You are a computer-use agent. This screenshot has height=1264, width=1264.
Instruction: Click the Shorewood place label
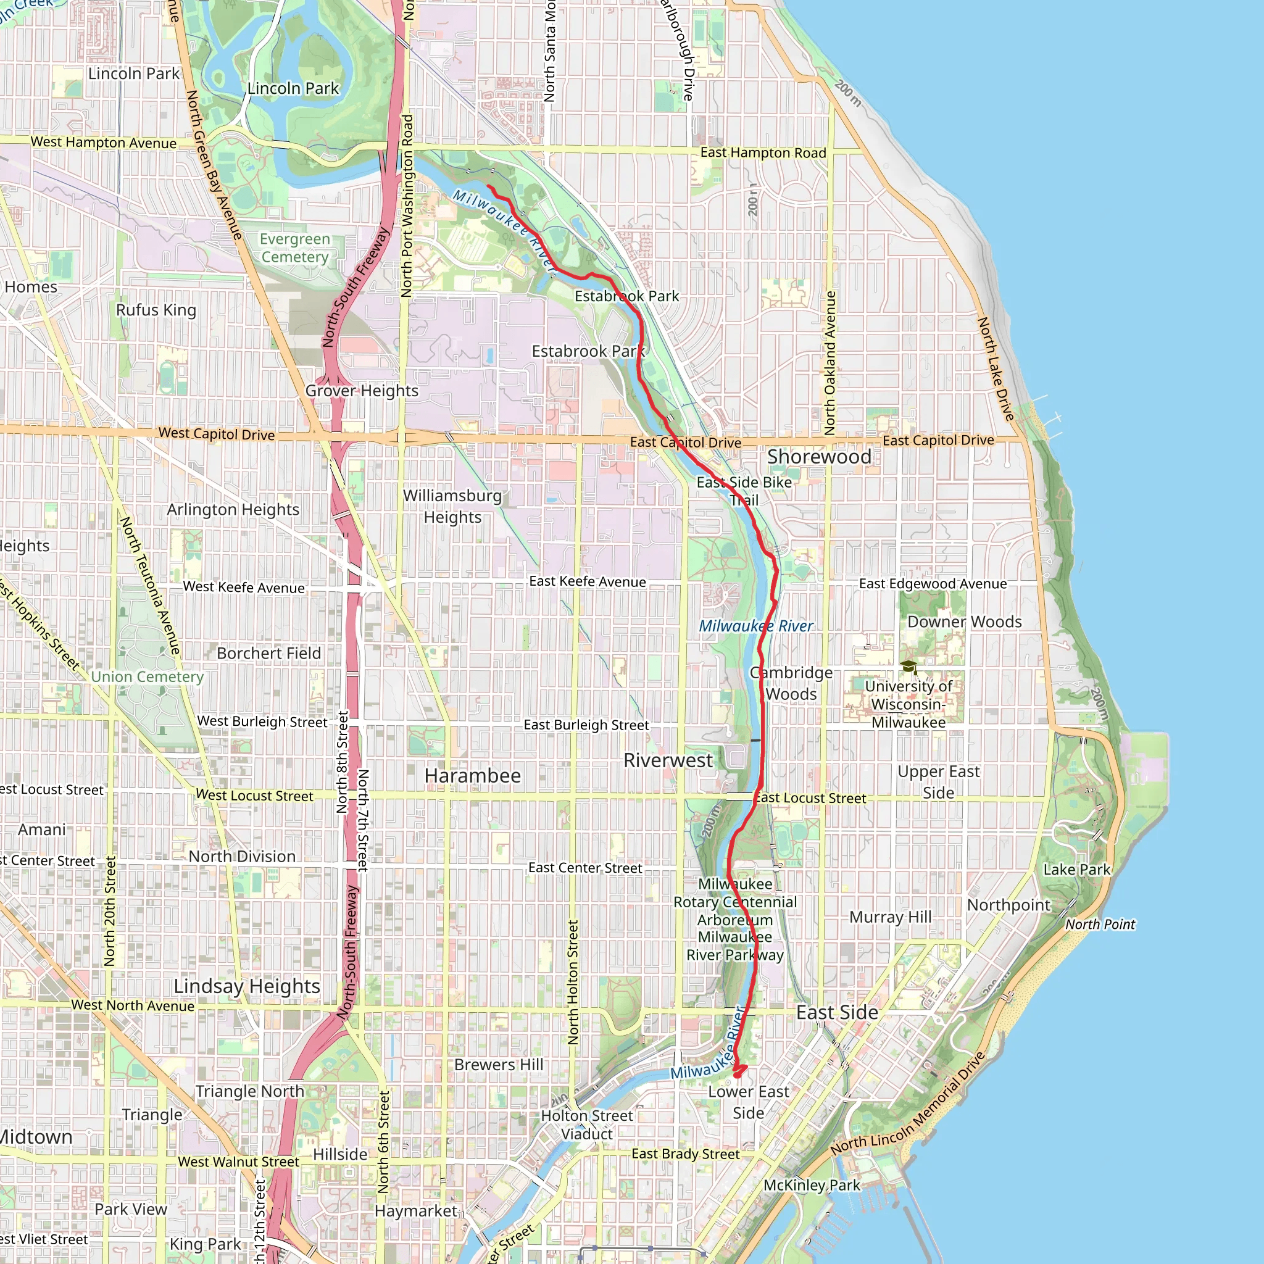(x=819, y=457)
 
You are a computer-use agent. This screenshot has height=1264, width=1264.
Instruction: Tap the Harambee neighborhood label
(x=472, y=775)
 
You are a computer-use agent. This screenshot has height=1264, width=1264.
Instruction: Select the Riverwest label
(x=668, y=760)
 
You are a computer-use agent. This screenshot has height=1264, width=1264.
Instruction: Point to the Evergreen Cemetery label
(x=295, y=248)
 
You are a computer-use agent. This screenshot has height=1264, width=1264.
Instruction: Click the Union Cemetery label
(x=148, y=676)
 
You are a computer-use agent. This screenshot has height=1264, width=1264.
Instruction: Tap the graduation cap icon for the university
(x=908, y=667)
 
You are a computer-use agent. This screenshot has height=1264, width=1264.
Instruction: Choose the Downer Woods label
(x=965, y=622)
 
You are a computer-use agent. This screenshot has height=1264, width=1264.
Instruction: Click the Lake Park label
(x=1077, y=870)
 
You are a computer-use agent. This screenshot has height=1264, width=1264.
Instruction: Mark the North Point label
(x=1100, y=925)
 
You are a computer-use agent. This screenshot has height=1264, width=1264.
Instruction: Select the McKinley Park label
(x=812, y=1185)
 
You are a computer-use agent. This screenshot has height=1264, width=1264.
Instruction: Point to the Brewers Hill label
(x=499, y=1065)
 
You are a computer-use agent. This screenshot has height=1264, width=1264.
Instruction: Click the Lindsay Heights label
(x=247, y=986)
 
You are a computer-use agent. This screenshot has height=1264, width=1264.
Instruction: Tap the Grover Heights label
(x=362, y=391)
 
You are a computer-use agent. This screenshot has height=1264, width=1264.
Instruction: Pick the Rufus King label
(x=156, y=309)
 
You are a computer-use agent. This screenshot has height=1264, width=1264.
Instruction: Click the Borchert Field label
(x=269, y=653)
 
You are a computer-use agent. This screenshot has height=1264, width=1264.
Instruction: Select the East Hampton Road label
(x=763, y=152)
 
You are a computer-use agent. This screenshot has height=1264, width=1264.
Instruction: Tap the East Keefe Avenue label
(x=588, y=581)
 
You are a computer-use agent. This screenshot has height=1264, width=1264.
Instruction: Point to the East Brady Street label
(x=686, y=1154)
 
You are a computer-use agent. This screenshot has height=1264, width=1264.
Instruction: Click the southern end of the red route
(x=738, y=1075)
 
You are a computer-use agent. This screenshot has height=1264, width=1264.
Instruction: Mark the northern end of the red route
(x=489, y=186)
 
